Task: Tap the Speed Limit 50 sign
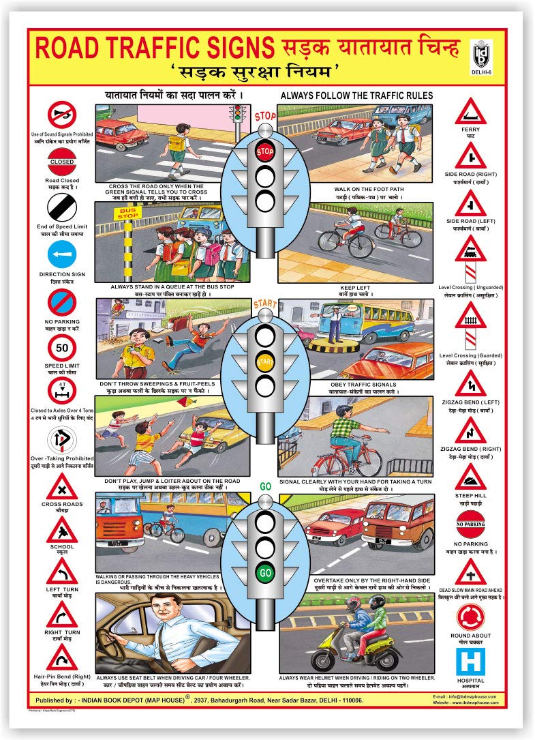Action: tap(62, 349)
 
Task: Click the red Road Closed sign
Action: tap(62, 162)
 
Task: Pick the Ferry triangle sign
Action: tap(470, 110)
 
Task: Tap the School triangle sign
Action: tap(62, 530)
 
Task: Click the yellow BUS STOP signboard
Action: tap(129, 214)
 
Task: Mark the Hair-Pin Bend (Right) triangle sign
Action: tap(62, 659)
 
